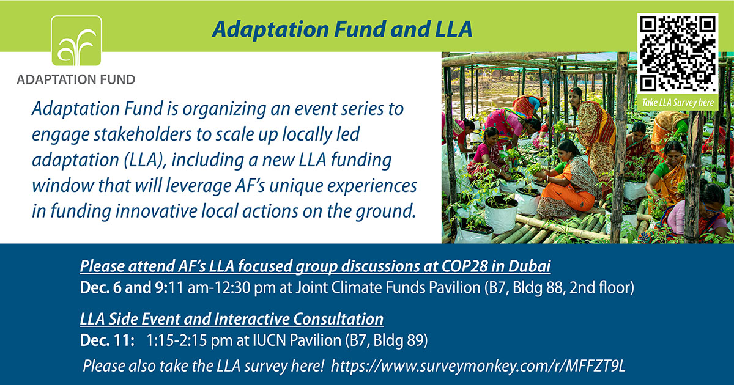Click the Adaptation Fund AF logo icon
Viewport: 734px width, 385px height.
tap(76, 41)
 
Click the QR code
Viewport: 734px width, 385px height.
tap(678, 53)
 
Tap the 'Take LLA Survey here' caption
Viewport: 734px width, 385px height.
tap(678, 102)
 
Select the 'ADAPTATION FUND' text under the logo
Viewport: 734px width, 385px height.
tap(76, 79)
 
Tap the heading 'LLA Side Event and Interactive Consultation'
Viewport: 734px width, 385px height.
tap(232, 319)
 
